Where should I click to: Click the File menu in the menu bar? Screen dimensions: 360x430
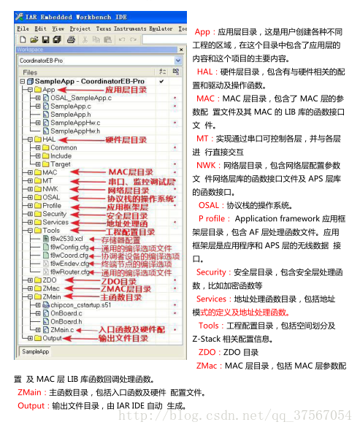(23, 28)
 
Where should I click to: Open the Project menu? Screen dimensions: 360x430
(80, 28)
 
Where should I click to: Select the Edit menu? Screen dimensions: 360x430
(41, 28)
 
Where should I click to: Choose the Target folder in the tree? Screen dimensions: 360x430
(61, 164)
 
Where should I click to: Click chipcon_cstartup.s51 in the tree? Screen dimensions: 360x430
(80, 304)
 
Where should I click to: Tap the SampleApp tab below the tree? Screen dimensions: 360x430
(34, 352)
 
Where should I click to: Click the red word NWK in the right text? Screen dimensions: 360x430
(205, 166)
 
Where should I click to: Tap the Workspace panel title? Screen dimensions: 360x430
(29, 50)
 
